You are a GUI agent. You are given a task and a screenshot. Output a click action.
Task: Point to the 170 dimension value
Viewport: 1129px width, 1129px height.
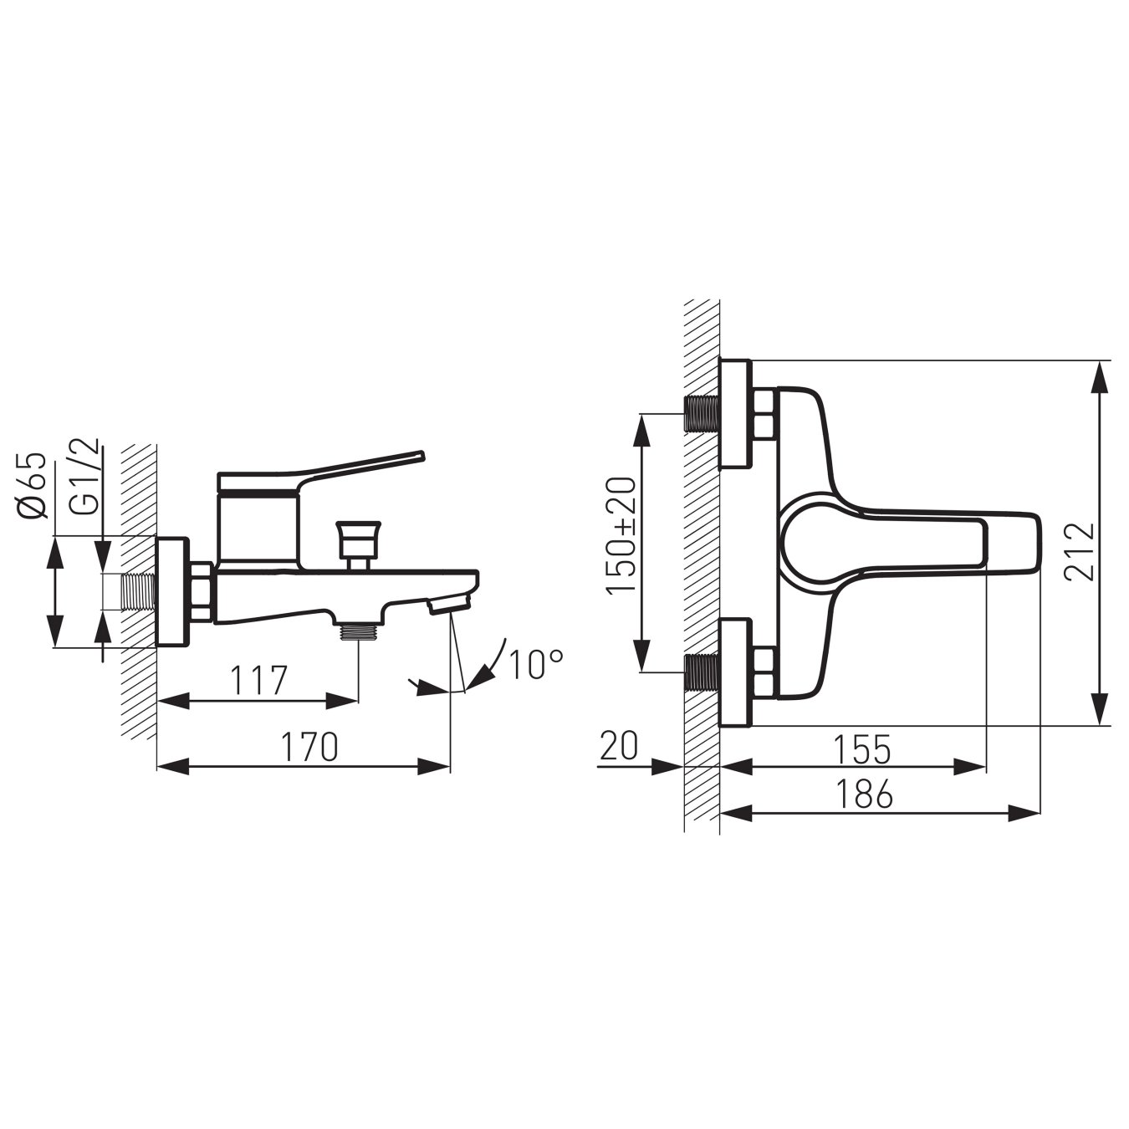pos(309,746)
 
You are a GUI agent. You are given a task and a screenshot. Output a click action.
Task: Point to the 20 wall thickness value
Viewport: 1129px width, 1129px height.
pos(619,743)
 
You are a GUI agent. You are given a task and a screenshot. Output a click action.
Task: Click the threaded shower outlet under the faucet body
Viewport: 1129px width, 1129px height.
pos(358,631)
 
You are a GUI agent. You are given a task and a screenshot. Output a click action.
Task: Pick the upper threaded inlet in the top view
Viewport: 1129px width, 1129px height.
pos(701,413)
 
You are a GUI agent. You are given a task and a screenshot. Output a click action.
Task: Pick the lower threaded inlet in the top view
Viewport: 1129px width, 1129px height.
pos(701,672)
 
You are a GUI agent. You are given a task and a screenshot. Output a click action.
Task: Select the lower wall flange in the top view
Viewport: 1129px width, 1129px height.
pos(735,672)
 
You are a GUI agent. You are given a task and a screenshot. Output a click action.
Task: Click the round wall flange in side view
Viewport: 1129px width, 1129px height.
pos(173,591)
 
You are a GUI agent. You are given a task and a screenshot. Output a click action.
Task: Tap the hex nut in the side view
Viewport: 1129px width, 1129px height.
pos(202,592)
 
